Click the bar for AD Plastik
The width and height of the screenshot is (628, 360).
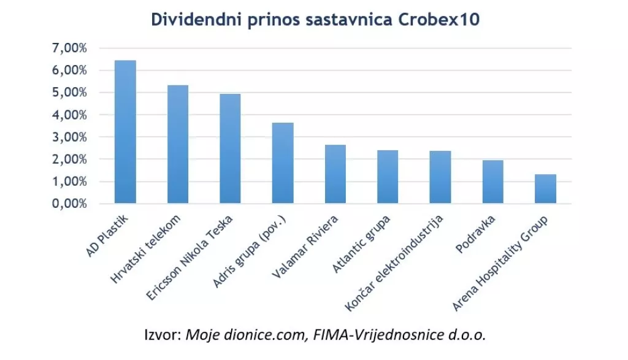coord(125,132)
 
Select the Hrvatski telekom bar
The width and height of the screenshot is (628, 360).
coord(178,144)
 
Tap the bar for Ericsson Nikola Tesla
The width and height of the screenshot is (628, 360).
coord(230,148)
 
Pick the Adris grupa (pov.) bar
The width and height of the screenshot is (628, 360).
coord(283,163)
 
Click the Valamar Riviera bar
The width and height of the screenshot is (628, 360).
coord(335,174)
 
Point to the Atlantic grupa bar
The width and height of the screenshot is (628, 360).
coord(388,177)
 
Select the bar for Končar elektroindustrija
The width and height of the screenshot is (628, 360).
coord(440,177)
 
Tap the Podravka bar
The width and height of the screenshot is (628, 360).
coord(492,182)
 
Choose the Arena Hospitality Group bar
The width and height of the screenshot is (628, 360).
coord(545,189)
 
